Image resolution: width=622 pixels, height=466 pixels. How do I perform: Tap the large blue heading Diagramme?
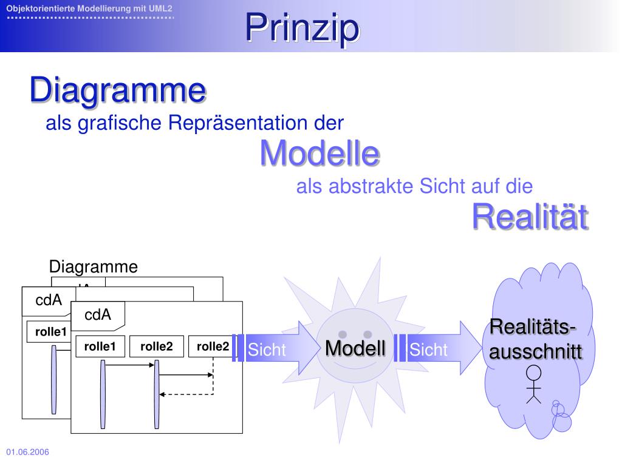tap(118, 90)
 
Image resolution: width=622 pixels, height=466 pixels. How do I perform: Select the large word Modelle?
tap(320, 153)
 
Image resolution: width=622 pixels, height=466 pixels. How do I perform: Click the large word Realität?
tap(530, 217)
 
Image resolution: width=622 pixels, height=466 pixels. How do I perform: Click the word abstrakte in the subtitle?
tap(361, 186)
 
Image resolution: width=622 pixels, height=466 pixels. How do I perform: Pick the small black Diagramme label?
tap(94, 267)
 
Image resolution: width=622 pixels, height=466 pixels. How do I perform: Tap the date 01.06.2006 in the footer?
tap(28, 453)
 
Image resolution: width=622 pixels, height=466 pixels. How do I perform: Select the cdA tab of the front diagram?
tap(98, 315)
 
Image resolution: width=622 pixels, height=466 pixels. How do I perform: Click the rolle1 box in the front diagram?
tap(100, 347)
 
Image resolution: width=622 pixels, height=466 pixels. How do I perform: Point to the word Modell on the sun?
tap(355, 348)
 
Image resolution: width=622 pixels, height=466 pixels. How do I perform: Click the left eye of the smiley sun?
tap(343, 334)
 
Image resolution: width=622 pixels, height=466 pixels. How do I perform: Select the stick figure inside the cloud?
tap(533, 384)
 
